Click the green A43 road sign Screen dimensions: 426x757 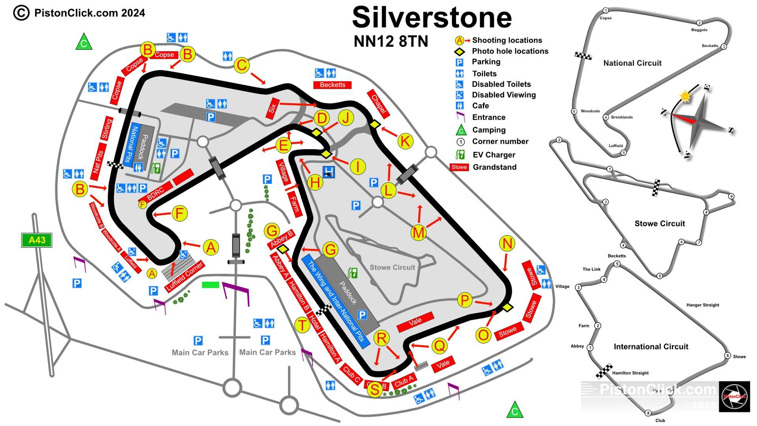[37, 240]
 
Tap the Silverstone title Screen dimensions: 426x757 [432, 18]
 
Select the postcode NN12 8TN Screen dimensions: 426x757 [391, 41]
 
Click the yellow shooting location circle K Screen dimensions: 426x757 [405, 141]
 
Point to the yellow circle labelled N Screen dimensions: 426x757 [507, 243]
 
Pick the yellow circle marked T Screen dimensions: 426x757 [302, 325]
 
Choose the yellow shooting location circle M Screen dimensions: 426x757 [418, 233]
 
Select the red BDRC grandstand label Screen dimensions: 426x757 [155, 193]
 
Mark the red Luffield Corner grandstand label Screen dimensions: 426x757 [185, 276]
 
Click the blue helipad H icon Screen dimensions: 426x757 [328, 172]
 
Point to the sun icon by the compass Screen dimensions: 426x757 [685, 96]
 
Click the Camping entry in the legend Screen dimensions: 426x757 [489, 130]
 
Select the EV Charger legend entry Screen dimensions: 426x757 [494, 155]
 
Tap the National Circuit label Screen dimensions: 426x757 [632, 63]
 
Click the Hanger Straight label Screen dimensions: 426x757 [703, 305]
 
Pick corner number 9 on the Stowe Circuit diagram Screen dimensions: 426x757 [731, 196]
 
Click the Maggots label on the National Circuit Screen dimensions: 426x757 [699, 30]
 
